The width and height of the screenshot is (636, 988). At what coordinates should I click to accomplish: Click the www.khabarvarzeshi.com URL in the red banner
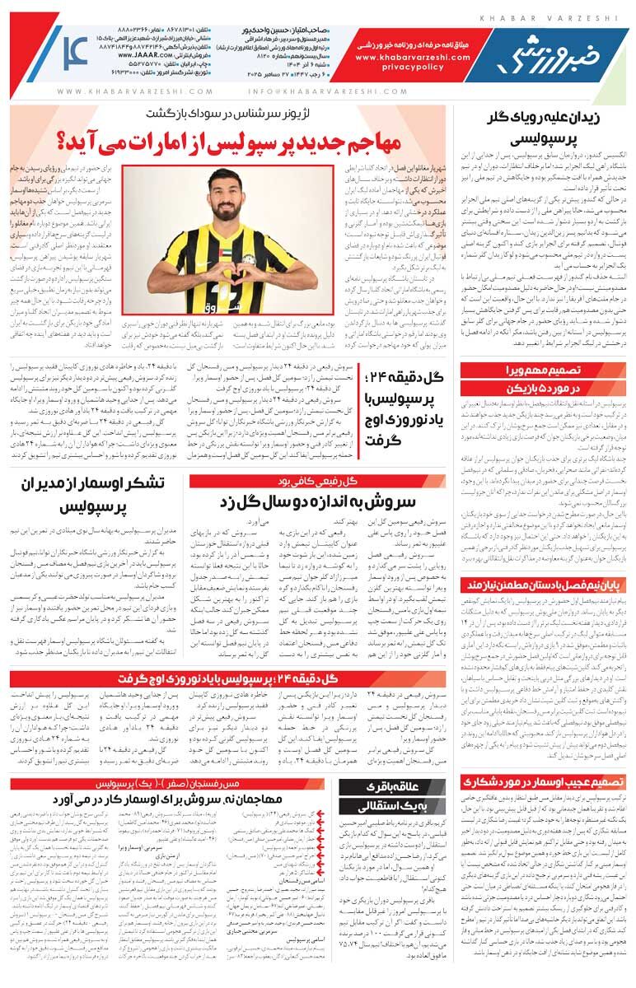pyautogui.click(x=414, y=58)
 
